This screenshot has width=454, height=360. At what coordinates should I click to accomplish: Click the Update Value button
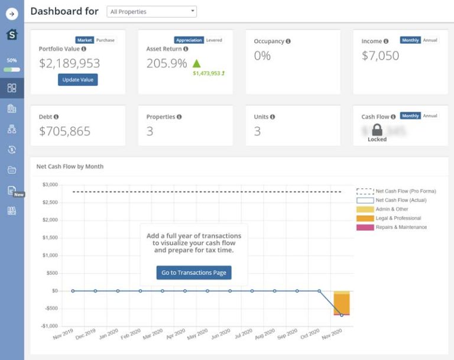[x=77, y=80]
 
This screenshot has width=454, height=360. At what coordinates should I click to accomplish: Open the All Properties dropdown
[x=151, y=11]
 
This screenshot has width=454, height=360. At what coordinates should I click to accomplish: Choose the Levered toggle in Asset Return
[x=214, y=40]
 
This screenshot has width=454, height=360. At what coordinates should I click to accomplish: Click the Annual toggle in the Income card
[x=430, y=40]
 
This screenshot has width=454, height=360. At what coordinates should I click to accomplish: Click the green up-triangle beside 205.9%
[x=197, y=63]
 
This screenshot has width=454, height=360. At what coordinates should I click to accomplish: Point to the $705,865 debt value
[x=64, y=131]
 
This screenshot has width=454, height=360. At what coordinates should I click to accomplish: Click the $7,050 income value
[x=380, y=56]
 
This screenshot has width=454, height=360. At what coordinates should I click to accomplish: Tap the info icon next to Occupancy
[x=288, y=41]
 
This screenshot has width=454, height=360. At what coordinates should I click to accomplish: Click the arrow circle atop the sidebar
[x=12, y=14]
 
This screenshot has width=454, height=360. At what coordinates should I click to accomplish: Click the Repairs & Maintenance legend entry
[x=401, y=227]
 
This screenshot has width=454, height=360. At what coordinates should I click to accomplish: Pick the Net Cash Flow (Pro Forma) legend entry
[x=406, y=191]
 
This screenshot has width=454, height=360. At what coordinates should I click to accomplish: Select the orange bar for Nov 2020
[x=341, y=304]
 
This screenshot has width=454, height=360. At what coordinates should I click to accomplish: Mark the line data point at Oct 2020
[x=319, y=291]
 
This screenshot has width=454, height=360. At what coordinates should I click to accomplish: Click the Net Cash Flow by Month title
[x=70, y=167]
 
